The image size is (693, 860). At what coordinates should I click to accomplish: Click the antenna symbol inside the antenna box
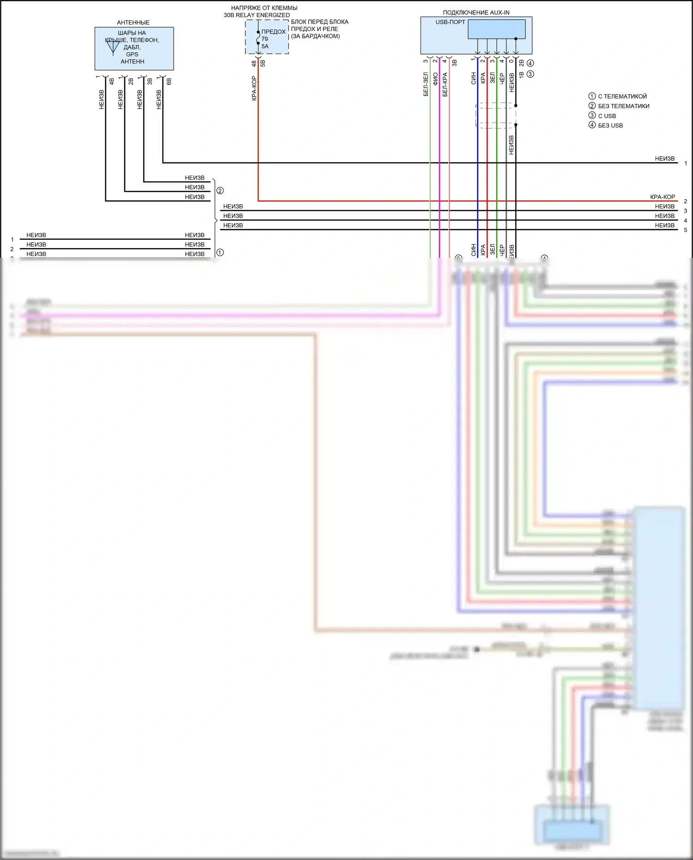113,47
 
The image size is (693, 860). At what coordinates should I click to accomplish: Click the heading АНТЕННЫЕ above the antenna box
133,22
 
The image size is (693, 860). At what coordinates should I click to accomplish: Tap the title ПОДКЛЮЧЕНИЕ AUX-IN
476,12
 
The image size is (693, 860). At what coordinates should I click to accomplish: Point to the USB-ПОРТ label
450,22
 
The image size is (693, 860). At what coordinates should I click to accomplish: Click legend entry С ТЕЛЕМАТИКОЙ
622,96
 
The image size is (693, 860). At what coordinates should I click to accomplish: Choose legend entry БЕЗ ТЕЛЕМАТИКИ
623,106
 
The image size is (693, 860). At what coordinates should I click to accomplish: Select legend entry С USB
607,116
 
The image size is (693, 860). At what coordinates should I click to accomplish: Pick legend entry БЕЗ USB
610,126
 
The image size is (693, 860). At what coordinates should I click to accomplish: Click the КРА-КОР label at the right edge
663,197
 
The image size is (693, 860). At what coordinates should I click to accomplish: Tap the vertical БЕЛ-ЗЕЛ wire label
426,84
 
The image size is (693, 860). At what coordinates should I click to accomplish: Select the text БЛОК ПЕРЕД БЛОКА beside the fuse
320,22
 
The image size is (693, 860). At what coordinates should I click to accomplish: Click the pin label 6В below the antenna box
169,81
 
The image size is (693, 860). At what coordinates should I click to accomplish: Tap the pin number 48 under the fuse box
254,63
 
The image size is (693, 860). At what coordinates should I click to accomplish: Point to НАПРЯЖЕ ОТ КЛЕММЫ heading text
264,8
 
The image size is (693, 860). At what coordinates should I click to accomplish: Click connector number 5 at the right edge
686,230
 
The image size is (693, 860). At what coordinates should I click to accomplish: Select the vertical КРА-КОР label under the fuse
254,88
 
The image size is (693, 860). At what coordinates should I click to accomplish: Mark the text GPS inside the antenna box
132,54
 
